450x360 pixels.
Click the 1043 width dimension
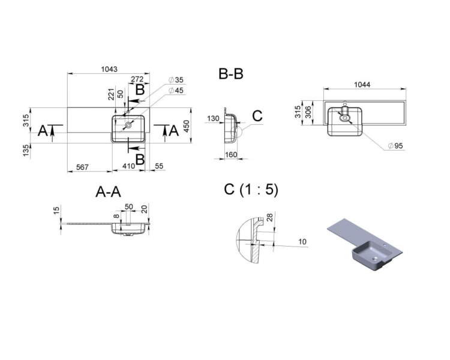[x=109, y=69]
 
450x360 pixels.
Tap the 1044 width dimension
[x=362, y=85]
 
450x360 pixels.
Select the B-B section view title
[x=231, y=73]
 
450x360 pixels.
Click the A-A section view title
[x=108, y=191]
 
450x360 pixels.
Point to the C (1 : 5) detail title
[x=251, y=190]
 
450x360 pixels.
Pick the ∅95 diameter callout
[x=395, y=146]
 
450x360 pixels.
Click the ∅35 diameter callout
[x=176, y=80]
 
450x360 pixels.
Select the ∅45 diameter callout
[x=176, y=91]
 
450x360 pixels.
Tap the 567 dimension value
[x=82, y=167]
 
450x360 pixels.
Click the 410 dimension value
[x=128, y=166]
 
